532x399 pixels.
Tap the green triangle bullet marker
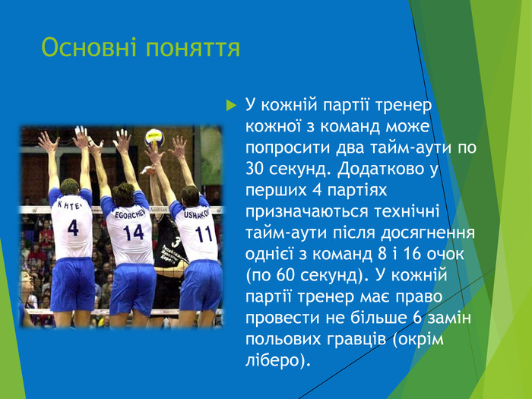[232, 103]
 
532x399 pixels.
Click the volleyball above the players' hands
[154, 137]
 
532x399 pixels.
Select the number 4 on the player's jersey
[72, 227]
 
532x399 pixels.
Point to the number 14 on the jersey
[133, 231]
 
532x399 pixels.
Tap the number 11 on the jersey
[204, 233]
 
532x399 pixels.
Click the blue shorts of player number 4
[72, 283]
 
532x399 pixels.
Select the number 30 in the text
[256, 168]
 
